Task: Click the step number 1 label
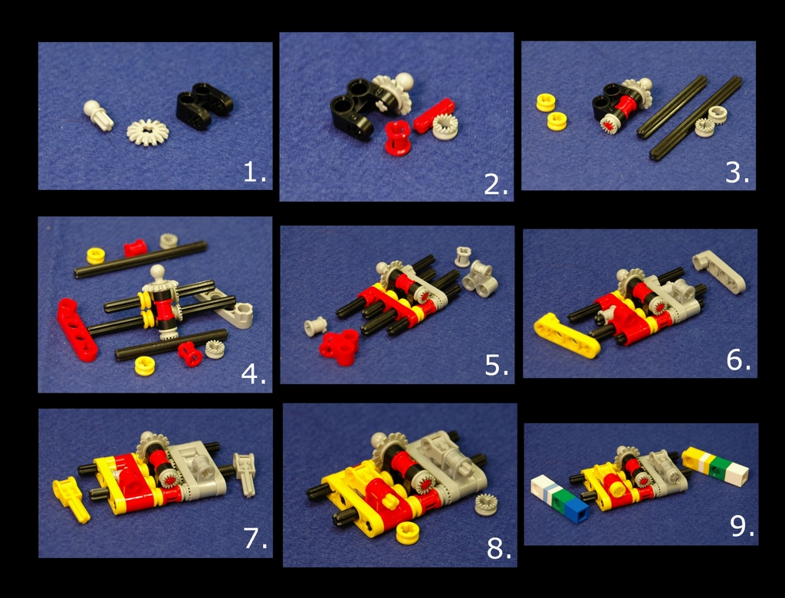255,172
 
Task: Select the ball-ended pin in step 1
98,115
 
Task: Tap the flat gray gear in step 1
148,132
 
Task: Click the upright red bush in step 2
398,138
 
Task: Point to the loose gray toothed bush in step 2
445,127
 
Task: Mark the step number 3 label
737,172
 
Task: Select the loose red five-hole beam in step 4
77,330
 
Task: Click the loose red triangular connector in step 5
340,347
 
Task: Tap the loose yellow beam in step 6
567,336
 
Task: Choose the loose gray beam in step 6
719,271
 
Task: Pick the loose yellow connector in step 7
71,498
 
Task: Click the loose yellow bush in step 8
408,533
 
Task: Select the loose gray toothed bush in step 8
485,504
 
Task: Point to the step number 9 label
741,525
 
